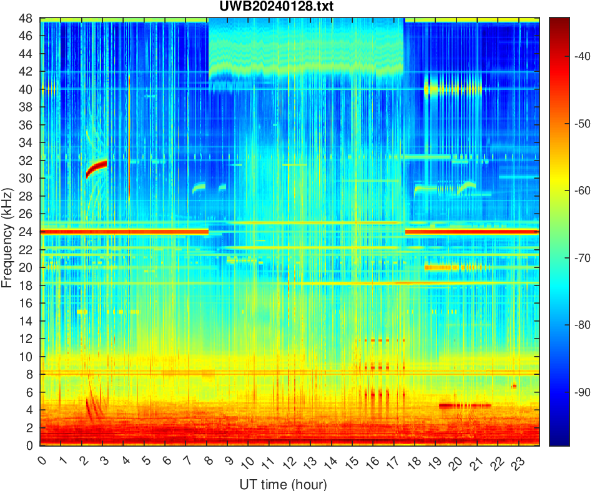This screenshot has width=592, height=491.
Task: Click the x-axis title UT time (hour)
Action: (x=283, y=484)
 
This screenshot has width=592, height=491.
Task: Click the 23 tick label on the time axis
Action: (x=516, y=462)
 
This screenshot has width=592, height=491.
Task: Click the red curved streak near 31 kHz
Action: (x=97, y=167)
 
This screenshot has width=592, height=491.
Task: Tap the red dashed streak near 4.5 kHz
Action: (x=465, y=405)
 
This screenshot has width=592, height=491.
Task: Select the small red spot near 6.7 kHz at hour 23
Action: (x=514, y=386)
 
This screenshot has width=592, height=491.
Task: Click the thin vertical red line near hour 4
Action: (x=128, y=137)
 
